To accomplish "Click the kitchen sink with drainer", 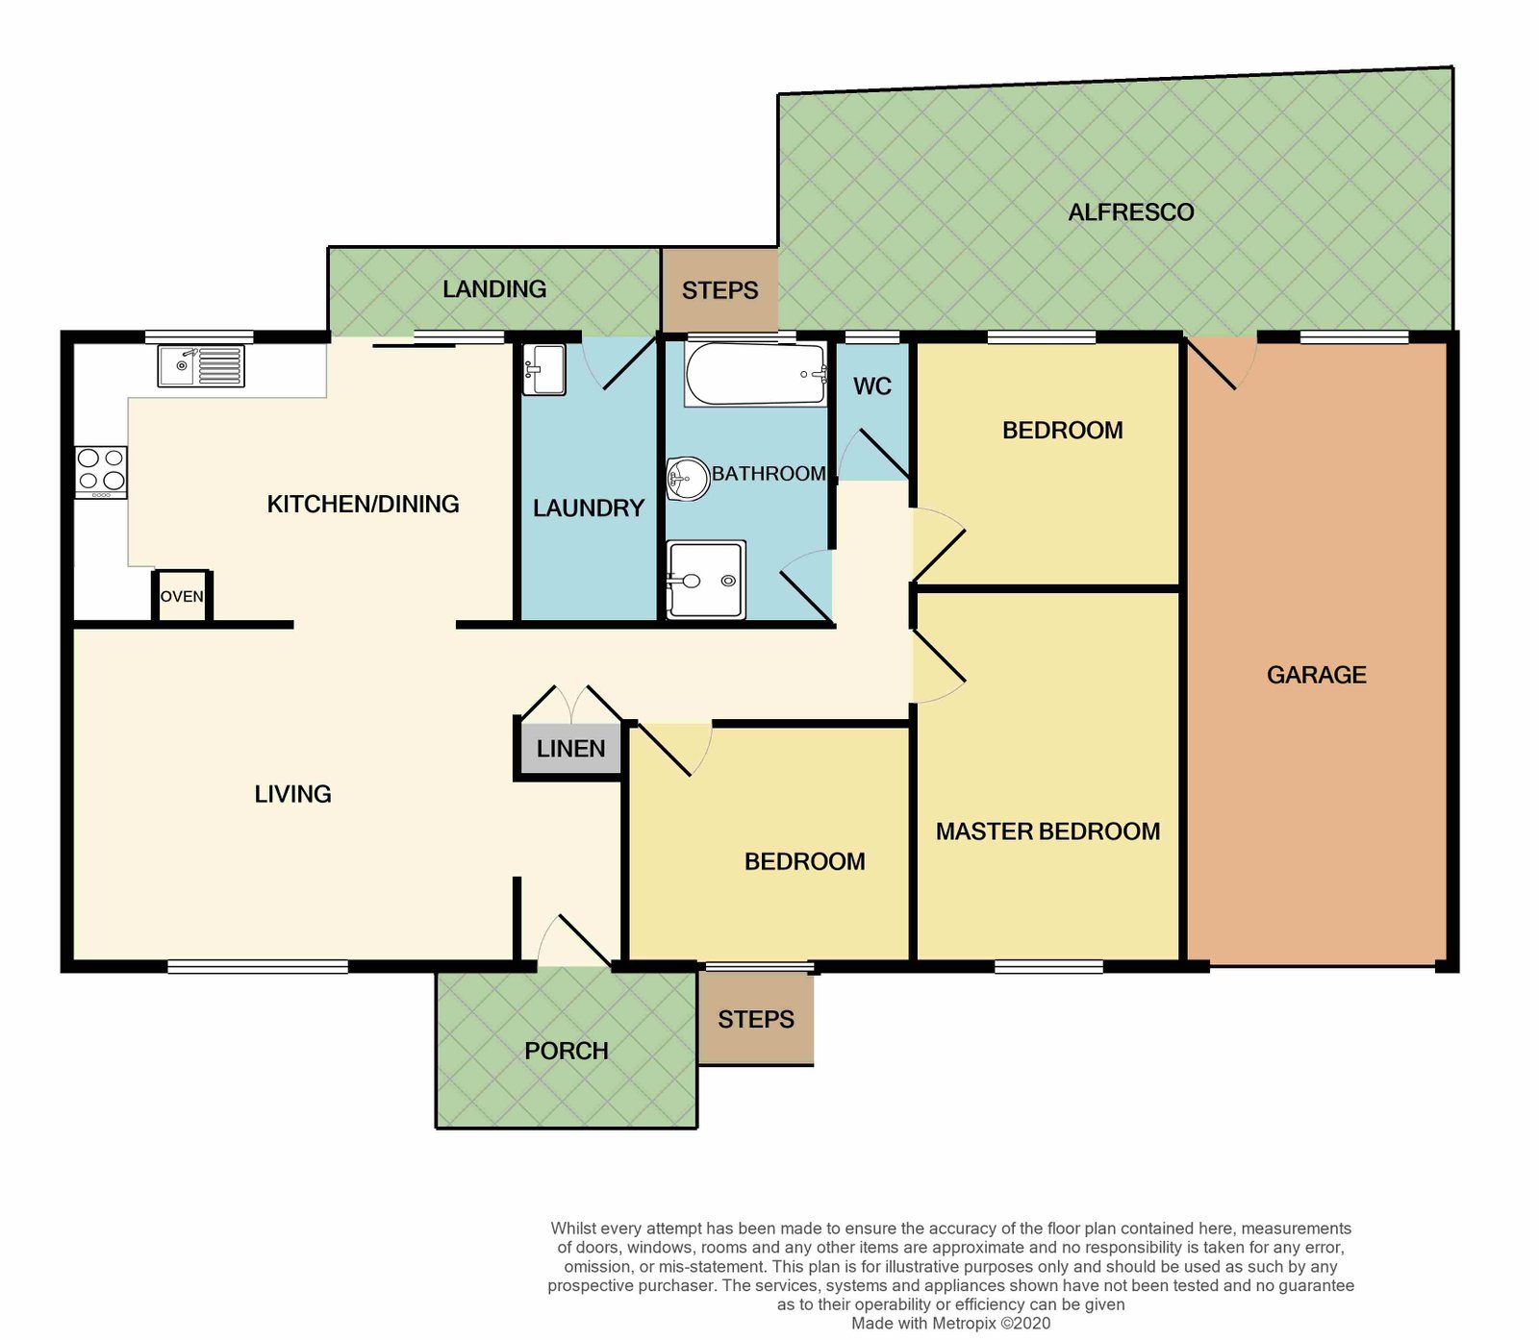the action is (x=201, y=366).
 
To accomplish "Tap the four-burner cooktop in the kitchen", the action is (x=101, y=472).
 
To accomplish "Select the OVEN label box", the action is (x=182, y=596).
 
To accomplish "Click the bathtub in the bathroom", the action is (x=755, y=374).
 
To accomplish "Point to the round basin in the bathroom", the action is (x=688, y=478).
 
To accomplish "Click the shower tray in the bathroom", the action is (x=706, y=580).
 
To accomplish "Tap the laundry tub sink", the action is (x=544, y=370).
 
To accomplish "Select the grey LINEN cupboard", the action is (x=571, y=749).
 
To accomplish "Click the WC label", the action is (x=872, y=386).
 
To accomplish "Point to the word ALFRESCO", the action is (x=1131, y=212).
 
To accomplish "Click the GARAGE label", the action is (x=1317, y=675).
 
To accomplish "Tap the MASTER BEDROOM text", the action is (x=1048, y=831).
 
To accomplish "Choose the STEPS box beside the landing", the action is (x=719, y=289).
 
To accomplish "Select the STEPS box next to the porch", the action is (x=756, y=1018).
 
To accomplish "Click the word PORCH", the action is (x=567, y=1051).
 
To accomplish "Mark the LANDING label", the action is (x=494, y=289).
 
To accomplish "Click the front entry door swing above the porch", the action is (x=574, y=940).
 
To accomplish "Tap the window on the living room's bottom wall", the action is (x=258, y=966).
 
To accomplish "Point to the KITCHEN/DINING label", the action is (x=363, y=504).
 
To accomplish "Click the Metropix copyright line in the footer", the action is (x=950, y=1323).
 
